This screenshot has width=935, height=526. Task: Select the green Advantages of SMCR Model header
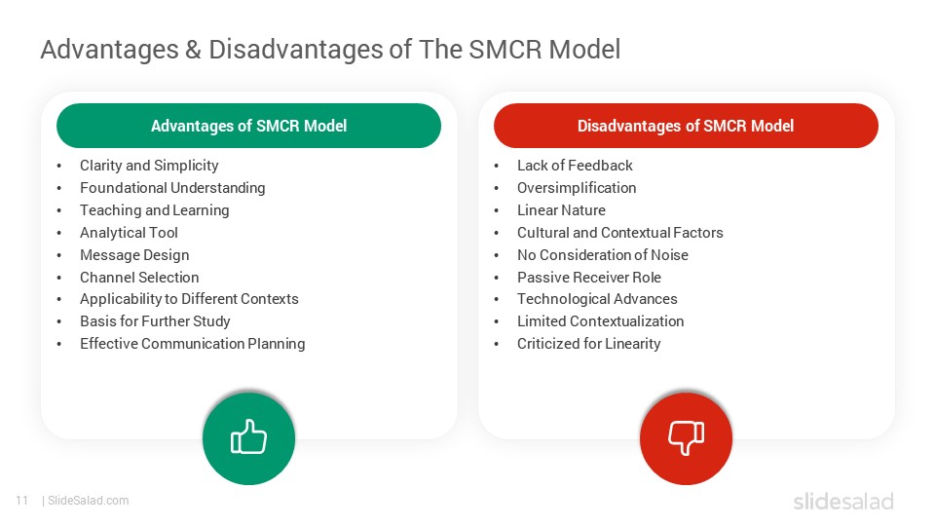(x=248, y=126)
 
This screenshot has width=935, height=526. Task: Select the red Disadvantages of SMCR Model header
(x=686, y=126)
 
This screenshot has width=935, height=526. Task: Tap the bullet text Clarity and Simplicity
(x=149, y=166)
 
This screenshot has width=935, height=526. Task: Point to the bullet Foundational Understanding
(x=172, y=188)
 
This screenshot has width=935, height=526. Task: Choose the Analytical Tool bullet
(x=129, y=233)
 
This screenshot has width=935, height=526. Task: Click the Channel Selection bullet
(x=139, y=278)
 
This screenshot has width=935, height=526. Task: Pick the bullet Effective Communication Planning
(x=192, y=344)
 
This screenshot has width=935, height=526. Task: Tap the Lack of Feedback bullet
(x=575, y=166)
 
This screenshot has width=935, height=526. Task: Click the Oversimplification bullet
(x=577, y=188)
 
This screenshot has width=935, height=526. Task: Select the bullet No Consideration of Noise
(x=602, y=255)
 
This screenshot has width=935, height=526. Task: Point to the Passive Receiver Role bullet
(x=588, y=278)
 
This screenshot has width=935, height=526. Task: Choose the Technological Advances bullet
(x=597, y=299)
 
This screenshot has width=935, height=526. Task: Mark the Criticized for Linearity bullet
(x=588, y=344)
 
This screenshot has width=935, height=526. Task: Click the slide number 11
(x=21, y=501)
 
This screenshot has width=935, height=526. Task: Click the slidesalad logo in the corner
(x=842, y=502)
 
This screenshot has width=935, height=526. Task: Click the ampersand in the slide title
(x=193, y=50)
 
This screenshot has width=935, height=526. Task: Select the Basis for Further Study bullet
(x=155, y=321)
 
